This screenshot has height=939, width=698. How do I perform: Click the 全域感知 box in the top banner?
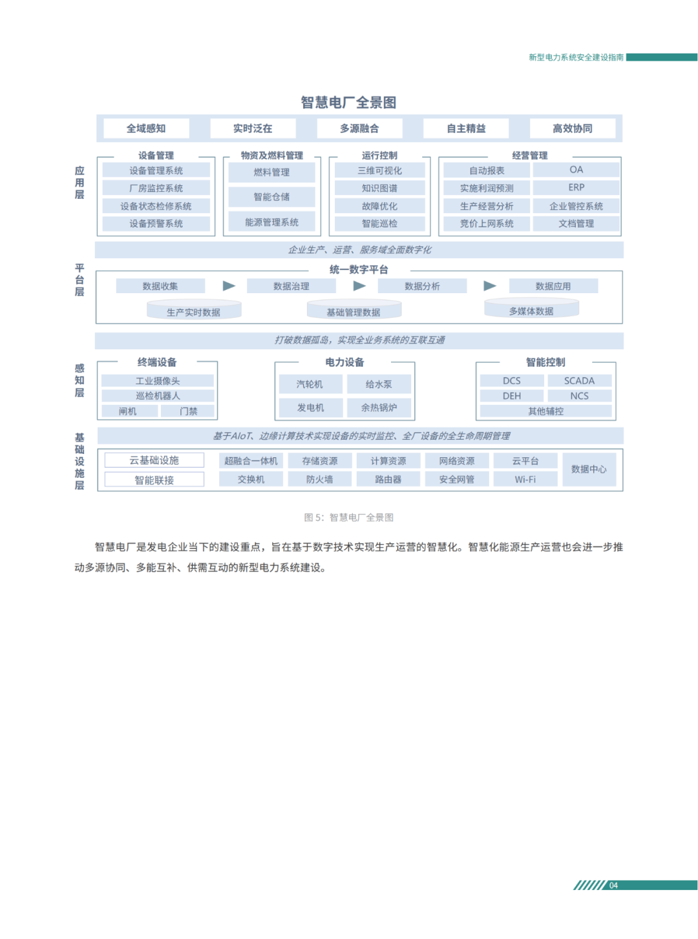click(x=146, y=129)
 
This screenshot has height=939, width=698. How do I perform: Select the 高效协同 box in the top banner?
click(x=573, y=129)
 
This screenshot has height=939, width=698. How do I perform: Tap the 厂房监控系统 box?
click(x=156, y=188)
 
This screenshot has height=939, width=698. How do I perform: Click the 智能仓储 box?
click(x=271, y=197)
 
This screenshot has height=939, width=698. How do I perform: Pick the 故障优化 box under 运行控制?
click(x=379, y=206)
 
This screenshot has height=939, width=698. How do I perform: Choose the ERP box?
click(x=576, y=187)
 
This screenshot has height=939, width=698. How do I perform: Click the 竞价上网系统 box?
click(x=487, y=223)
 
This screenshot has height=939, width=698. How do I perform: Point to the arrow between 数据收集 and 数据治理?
click(x=229, y=285)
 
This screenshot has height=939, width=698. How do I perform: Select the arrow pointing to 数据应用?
click(x=490, y=285)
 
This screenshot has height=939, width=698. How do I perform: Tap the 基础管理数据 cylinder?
click(x=354, y=311)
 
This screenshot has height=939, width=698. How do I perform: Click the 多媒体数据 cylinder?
click(x=531, y=310)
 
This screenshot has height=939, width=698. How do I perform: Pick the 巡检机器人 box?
click(x=158, y=396)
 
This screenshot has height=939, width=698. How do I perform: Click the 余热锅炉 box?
click(x=379, y=408)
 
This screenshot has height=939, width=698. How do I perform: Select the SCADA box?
click(x=579, y=381)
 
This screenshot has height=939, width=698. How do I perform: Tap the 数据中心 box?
click(x=589, y=469)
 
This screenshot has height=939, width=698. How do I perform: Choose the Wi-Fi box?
click(x=525, y=479)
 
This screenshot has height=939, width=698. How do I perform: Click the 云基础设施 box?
click(x=154, y=460)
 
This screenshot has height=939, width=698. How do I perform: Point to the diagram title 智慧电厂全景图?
click(x=348, y=103)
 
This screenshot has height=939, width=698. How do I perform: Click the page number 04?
click(x=613, y=885)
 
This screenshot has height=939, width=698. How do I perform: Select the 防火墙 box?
click(x=319, y=479)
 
